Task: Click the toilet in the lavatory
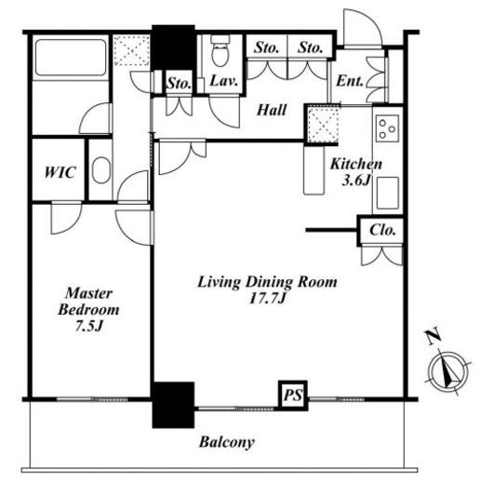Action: coord(220,50)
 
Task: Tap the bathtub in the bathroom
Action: coord(71,58)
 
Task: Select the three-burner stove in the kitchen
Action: coord(387,128)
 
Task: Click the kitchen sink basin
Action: coord(388,194)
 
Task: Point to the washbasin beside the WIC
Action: coord(101,170)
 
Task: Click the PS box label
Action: coord(293,395)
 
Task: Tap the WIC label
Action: coord(60,172)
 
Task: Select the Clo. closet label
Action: coord(382,230)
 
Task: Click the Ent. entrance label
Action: coord(350,81)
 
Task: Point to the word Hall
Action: coord(272,110)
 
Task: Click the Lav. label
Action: coord(224,81)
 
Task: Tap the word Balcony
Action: coord(227,442)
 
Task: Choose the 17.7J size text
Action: coord(267,299)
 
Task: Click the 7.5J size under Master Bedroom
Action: coord(89,326)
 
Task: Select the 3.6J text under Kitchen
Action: coord(356,181)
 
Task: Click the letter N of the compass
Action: coord(433,336)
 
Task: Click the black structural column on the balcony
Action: coord(173,405)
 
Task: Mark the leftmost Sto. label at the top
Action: coord(266,48)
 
